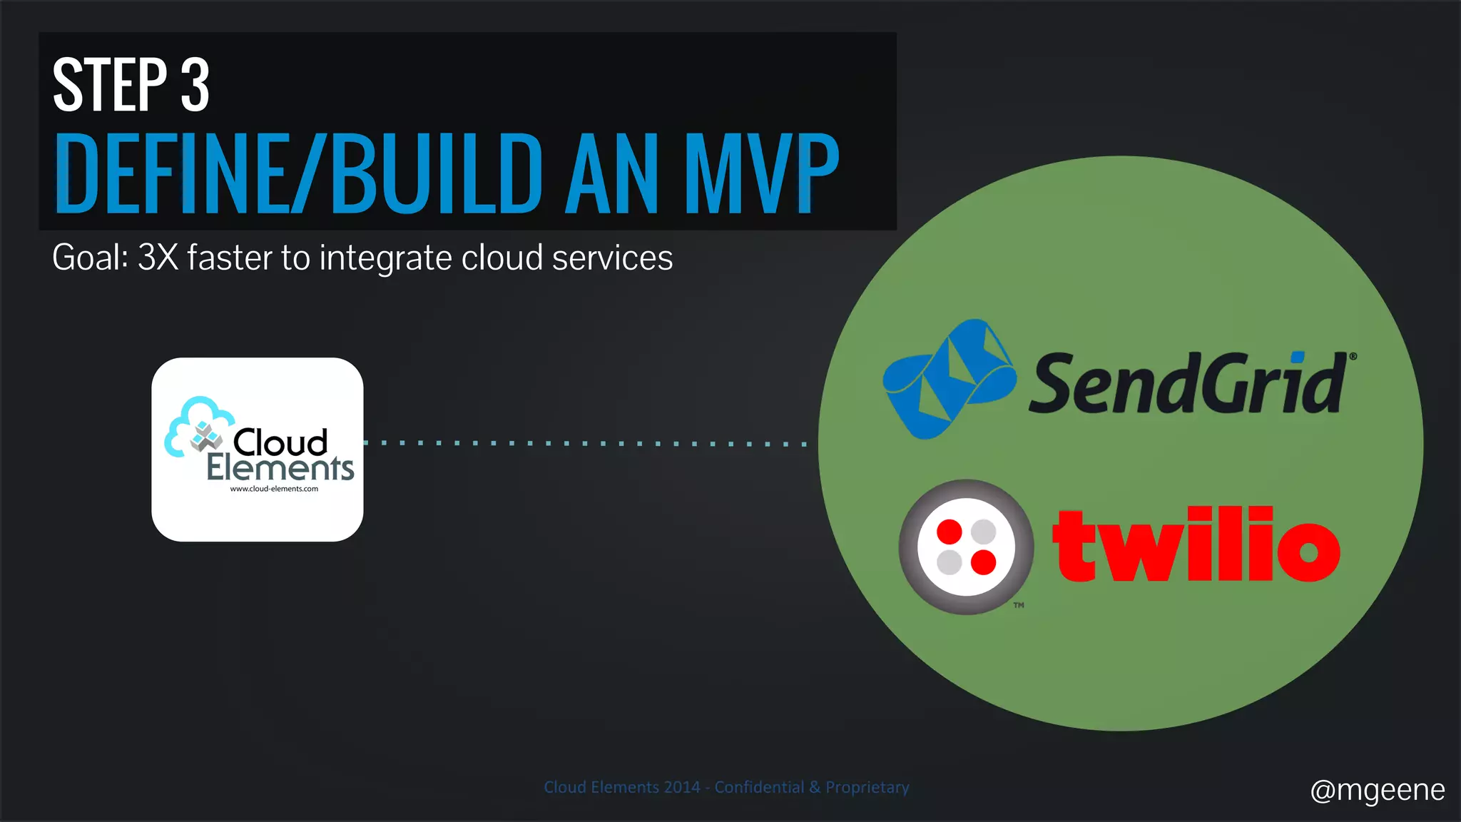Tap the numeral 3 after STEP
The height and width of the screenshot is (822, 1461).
coord(195,86)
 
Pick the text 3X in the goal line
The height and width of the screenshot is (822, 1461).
coord(158,258)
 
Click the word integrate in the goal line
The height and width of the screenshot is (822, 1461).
coord(385,259)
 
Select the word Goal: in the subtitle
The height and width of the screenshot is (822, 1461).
coord(90,258)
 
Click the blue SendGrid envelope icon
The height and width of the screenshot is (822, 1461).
coord(949,378)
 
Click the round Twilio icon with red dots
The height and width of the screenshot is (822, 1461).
coord(966,547)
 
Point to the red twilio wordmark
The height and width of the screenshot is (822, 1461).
coord(1196,546)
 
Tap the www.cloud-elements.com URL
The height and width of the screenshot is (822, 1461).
coord(274,489)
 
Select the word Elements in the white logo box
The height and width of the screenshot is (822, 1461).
coord(280,469)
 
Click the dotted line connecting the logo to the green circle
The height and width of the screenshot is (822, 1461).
coord(585,444)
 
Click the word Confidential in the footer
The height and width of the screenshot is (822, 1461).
coord(759,787)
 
